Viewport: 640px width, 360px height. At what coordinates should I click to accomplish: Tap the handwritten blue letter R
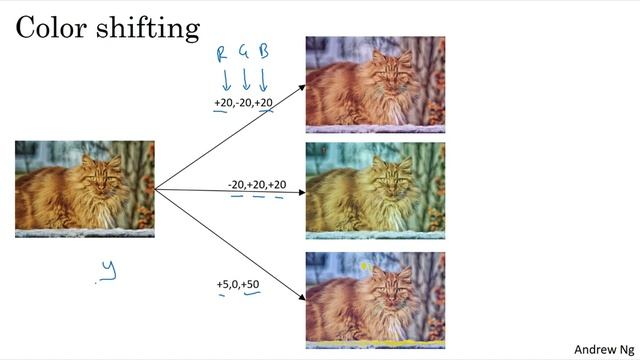(x=223, y=52)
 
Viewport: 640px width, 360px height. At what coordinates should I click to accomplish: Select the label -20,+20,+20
(x=257, y=185)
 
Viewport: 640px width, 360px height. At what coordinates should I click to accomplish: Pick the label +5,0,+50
(x=239, y=285)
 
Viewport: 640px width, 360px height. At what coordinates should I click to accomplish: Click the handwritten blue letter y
(x=107, y=269)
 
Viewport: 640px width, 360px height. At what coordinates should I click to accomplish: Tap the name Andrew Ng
(x=603, y=349)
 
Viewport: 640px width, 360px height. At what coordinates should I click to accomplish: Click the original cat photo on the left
(x=85, y=188)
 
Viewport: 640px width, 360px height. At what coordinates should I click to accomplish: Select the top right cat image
(x=375, y=84)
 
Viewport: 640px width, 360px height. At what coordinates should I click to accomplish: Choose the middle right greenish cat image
(x=375, y=188)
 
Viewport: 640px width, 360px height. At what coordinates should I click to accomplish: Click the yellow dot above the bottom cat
(x=366, y=267)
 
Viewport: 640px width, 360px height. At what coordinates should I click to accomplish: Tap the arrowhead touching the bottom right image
(x=301, y=297)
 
